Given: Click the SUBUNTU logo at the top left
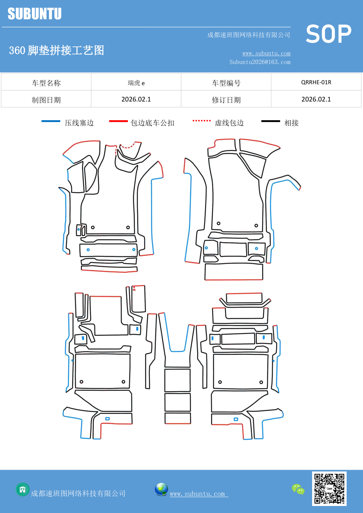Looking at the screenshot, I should pyautogui.click(x=35, y=14).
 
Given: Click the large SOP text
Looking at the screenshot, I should pyautogui.click(x=328, y=34).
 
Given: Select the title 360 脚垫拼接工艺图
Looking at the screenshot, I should pyautogui.click(x=56, y=50).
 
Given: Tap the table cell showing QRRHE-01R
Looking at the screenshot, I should pyautogui.click(x=316, y=82).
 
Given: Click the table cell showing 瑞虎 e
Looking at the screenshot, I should pyautogui.click(x=136, y=83).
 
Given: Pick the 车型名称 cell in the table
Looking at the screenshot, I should pyautogui.click(x=46, y=83).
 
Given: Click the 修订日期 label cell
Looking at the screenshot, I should pyautogui.click(x=226, y=100).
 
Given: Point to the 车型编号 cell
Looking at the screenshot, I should pyautogui.click(x=226, y=83).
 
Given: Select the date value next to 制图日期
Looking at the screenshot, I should pyautogui.click(x=136, y=99).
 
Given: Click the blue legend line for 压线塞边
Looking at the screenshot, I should pyautogui.click(x=51, y=121).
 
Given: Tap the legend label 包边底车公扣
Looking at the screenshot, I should pyautogui.click(x=152, y=123).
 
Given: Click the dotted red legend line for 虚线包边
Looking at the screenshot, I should pyautogui.click(x=202, y=121).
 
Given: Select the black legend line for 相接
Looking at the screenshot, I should pyautogui.click(x=271, y=121).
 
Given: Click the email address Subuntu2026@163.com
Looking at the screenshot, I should pyautogui.click(x=260, y=62).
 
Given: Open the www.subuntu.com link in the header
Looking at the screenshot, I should pyautogui.click(x=266, y=53).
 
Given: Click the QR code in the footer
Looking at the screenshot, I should pyautogui.click(x=329, y=488).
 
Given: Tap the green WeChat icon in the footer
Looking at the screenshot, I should pyautogui.click(x=298, y=489).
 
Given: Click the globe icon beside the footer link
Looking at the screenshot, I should pyautogui.click(x=161, y=489).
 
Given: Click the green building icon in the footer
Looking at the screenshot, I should pyautogui.click(x=23, y=489).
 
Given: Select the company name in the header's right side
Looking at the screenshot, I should pyautogui.click(x=249, y=35).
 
